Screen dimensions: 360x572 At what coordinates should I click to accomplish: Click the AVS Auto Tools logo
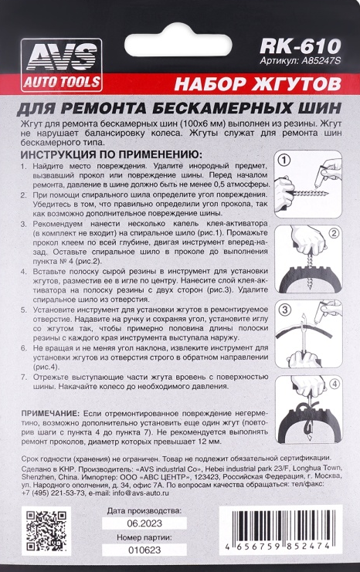point(61,65)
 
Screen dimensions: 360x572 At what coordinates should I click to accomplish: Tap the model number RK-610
point(300,46)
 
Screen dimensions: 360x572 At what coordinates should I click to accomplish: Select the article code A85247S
point(321,60)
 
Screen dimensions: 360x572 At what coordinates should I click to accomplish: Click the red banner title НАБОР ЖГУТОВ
point(258,84)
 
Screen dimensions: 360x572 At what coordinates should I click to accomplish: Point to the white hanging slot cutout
point(178,45)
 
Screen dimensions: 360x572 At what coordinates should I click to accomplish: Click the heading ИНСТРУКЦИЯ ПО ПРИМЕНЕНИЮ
point(111,154)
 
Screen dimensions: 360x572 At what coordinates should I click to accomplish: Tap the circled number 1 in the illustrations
point(284,160)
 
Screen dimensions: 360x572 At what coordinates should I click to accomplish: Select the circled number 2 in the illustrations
point(334,233)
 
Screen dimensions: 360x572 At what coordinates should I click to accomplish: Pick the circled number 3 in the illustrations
point(285,310)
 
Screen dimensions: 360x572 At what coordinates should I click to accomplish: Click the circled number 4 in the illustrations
point(334,384)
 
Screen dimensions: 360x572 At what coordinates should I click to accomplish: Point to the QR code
point(46,531)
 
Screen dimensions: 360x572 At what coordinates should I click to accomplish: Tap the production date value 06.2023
point(144,523)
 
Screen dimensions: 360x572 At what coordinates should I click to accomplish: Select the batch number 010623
point(144,550)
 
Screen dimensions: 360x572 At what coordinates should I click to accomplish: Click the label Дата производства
point(144,511)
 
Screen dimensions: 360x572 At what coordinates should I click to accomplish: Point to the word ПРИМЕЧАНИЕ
point(50,413)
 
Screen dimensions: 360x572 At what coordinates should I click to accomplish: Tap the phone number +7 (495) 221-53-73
point(53,492)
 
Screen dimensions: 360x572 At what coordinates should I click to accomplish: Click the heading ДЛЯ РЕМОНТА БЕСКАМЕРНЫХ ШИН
point(179,108)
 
